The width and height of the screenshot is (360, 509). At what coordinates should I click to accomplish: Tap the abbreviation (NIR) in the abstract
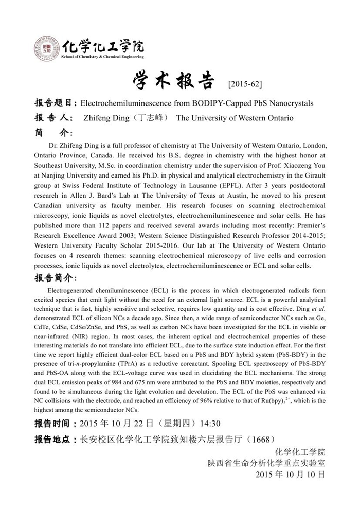click(92, 329)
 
